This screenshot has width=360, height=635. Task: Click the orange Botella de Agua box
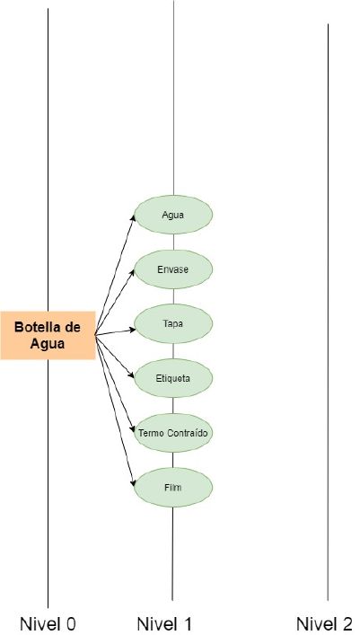coord(48,335)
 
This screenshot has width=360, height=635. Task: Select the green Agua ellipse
coord(173,215)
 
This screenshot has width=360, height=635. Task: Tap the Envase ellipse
coord(173,269)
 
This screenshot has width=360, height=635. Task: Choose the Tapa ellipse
coord(173,324)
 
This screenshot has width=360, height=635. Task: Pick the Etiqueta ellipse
coord(173,379)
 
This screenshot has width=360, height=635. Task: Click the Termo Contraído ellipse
coord(173,433)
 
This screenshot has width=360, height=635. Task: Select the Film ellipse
coord(173,488)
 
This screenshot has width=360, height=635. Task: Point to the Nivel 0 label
coord(48,623)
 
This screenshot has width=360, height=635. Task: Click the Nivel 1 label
coord(164,623)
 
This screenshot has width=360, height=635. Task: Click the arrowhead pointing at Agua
coord(133,218)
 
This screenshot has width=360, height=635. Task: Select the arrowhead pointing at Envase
coord(132,272)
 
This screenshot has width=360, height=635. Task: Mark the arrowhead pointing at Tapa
coord(132,330)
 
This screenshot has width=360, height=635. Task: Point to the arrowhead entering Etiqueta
coord(131,375)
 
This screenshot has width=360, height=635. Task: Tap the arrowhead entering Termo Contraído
coord(132,429)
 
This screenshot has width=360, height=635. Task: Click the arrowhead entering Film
coord(133,482)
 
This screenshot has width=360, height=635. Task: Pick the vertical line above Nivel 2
coord(328,312)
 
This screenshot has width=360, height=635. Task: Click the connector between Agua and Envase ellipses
coord(174,243)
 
